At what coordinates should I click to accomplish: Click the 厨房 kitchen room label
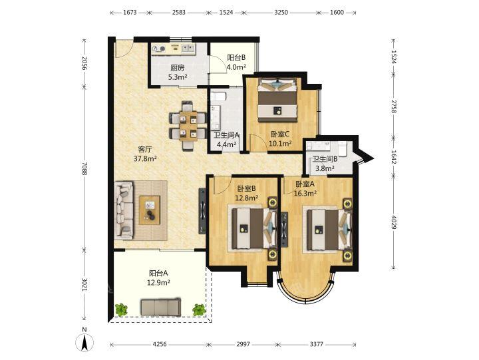coord(178,72)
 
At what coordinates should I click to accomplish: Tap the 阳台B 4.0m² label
coord(236,63)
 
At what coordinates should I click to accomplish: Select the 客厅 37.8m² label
coord(145,154)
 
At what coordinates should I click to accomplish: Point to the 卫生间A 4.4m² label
coord(226,139)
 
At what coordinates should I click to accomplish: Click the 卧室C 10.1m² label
coord(280,138)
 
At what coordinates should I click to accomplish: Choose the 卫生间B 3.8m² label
coord(325,164)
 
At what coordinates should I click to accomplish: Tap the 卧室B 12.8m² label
coord(247,194)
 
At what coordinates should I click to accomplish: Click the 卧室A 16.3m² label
coord(305,188)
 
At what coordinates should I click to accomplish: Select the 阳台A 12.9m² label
coord(158,277)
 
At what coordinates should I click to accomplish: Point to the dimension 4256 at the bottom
coord(160,344)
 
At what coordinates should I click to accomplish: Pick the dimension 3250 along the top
coord(281,13)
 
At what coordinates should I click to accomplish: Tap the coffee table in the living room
coord(150,210)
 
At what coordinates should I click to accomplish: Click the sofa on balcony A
coord(161,307)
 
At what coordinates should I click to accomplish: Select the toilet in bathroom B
coord(343,148)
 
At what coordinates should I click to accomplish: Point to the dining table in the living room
coord(188,126)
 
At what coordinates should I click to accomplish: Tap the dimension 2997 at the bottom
coord(243,344)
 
